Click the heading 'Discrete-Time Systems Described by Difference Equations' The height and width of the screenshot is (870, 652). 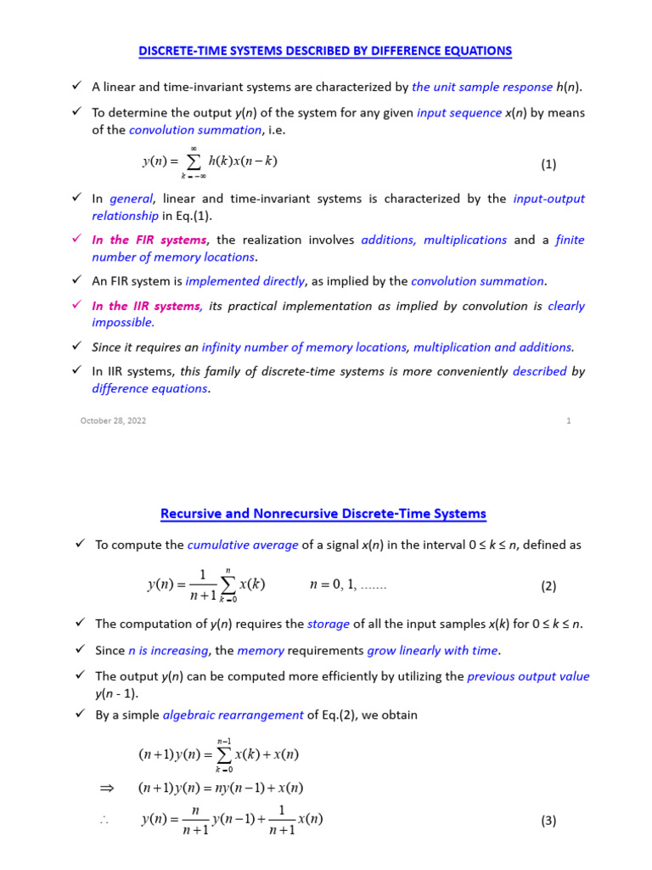coord(325,51)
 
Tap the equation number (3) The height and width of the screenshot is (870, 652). coord(548,821)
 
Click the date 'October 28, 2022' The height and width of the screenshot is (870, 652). coord(113,421)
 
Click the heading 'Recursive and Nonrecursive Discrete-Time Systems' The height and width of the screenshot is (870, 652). coord(323,513)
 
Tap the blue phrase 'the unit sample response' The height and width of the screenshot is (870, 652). coord(481,87)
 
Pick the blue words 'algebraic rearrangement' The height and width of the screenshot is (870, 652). coord(233,715)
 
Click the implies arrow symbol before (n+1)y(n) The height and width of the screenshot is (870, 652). coord(106,788)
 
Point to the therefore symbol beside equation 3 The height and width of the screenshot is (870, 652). coord(106,821)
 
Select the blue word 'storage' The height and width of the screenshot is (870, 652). coord(329,624)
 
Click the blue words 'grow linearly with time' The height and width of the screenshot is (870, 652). coord(433,651)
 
